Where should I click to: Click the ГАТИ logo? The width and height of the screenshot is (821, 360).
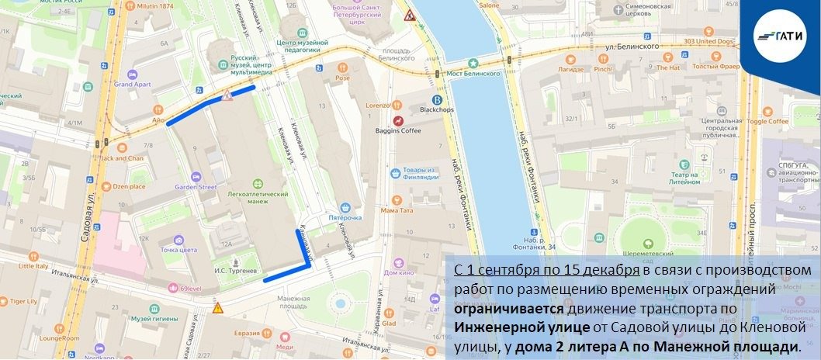(x=783, y=36)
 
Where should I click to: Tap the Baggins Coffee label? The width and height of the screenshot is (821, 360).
(x=398, y=130)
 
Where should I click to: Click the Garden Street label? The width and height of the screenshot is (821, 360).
(x=195, y=187)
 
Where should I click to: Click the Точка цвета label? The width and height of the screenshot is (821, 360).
(x=179, y=250)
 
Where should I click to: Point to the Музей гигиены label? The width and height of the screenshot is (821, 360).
(x=151, y=318)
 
